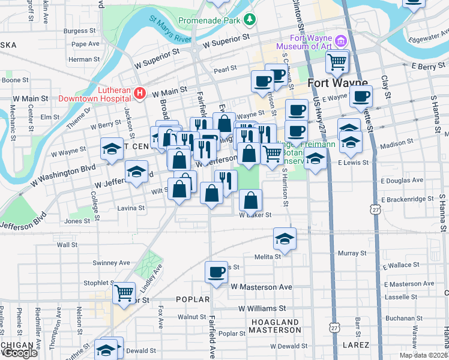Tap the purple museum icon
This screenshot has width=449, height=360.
coord(341,41)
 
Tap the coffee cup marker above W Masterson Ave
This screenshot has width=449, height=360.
coord(216,272)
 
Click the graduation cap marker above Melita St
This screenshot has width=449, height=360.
coord(285,238)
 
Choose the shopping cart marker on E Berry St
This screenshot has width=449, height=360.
coord(337,61)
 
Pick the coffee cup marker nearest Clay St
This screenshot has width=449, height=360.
coord(361,95)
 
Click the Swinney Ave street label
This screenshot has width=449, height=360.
coord(111,263)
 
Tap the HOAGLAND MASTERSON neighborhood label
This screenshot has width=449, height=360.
coord(274,326)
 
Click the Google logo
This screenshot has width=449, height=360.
coord(19,353)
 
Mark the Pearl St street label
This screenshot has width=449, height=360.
coord(225,70)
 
